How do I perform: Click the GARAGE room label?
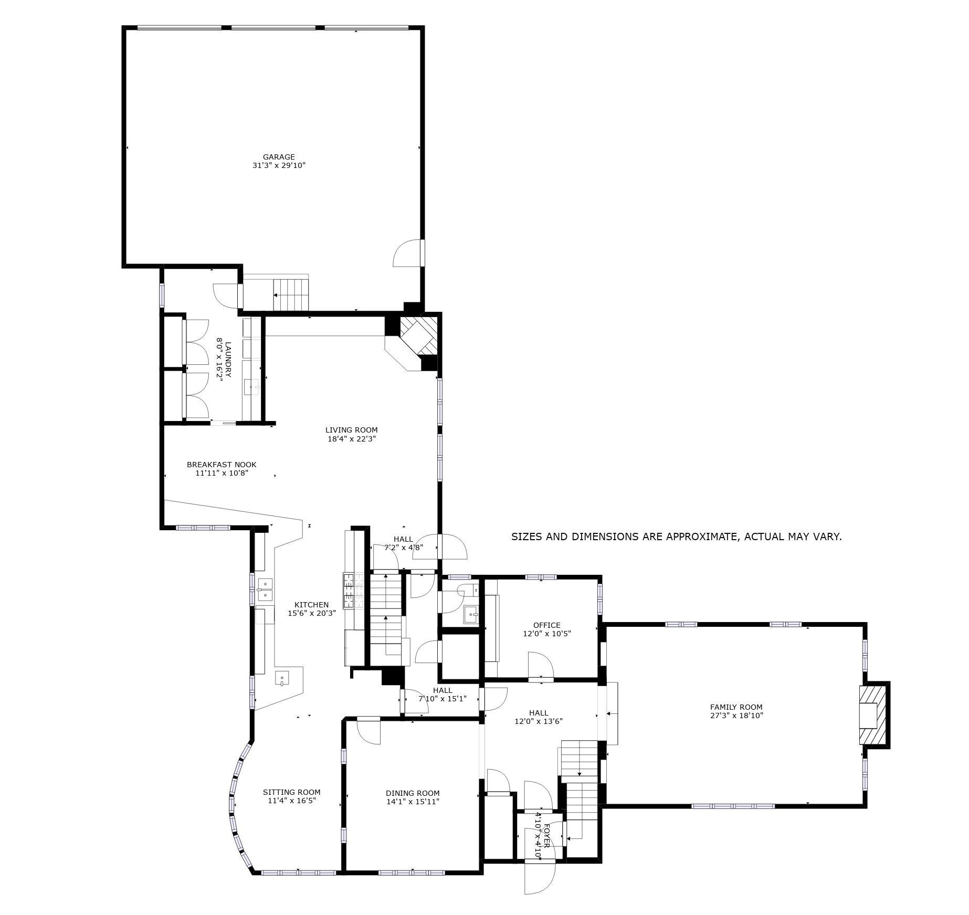click(x=279, y=157)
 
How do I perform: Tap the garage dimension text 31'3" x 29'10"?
click(x=279, y=165)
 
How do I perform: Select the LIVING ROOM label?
click(x=352, y=430)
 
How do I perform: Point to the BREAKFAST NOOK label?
click(x=222, y=465)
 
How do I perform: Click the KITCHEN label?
click(x=311, y=605)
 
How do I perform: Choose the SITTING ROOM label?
click(x=292, y=792)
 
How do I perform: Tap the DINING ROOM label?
click(x=413, y=793)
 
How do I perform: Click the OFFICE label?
click(x=547, y=625)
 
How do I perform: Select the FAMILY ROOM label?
click(x=736, y=707)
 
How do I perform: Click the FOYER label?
click(x=546, y=836)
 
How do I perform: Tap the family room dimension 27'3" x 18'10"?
click(x=736, y=716)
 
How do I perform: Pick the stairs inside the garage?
click(x=291, y=295)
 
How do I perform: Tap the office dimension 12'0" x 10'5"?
click(x=547, y=634)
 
